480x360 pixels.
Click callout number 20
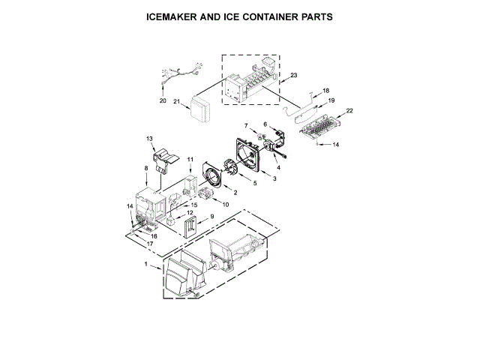163,100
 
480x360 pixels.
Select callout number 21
177,102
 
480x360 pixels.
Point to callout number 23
294,75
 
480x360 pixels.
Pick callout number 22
349,111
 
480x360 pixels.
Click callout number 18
325,90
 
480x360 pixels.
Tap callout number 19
331,100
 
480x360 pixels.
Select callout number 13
149,139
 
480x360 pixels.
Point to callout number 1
146,265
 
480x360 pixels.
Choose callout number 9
212,217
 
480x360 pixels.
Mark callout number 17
150,244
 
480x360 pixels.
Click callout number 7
244,125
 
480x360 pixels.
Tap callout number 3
274,178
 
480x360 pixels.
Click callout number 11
190,160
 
